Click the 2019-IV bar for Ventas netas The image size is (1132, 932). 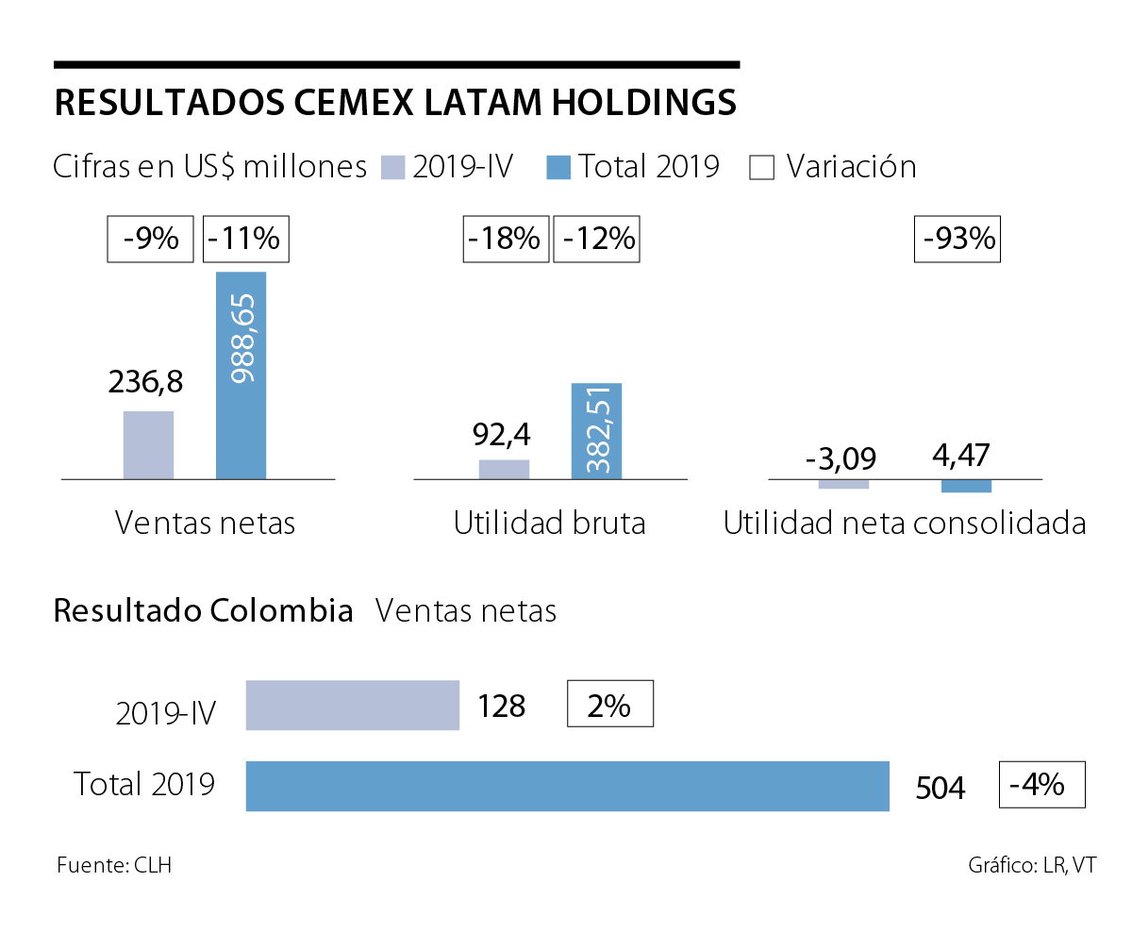148,445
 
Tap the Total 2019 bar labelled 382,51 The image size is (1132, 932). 596,431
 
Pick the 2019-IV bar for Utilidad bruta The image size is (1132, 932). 504,469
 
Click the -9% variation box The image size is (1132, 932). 151,239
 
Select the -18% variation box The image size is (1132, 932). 506,239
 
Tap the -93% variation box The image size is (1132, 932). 957,239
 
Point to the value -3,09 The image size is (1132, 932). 841,459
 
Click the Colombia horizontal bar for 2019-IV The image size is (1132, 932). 352,705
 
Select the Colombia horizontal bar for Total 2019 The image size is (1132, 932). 567,786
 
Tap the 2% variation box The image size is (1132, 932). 609,704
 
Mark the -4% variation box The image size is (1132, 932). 1041,785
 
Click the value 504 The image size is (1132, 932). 941,788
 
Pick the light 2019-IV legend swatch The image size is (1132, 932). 392,168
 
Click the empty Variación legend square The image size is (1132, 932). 761,168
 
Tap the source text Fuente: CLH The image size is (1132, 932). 114,865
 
